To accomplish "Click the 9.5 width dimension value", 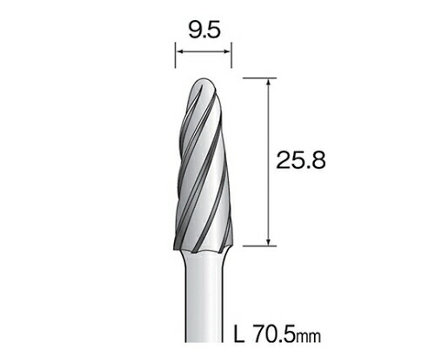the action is [204, 30].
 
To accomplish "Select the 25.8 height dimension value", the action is [301, 160].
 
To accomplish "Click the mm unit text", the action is [308, 337].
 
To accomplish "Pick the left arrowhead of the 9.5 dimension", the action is [181, 51].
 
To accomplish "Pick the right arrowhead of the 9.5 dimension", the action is [226, 51].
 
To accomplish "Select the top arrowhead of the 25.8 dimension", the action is [269, 84].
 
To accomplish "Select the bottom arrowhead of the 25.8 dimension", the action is [269, 241].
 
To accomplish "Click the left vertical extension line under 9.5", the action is [175, 56].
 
